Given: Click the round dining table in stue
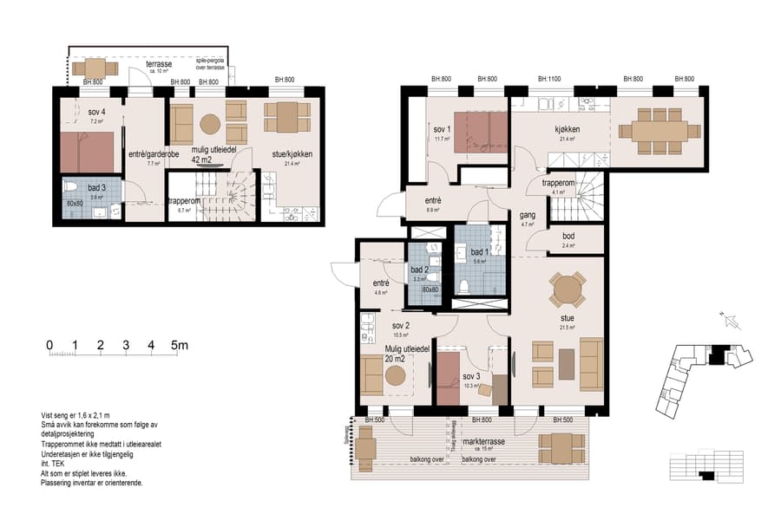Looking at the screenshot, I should pos(568,289).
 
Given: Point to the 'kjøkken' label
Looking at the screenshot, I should pos(568,129).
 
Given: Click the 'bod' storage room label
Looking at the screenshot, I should pos(568,236).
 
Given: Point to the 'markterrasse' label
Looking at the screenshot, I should pos(482,442).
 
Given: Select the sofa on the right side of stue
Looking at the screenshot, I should pos(593,363).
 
